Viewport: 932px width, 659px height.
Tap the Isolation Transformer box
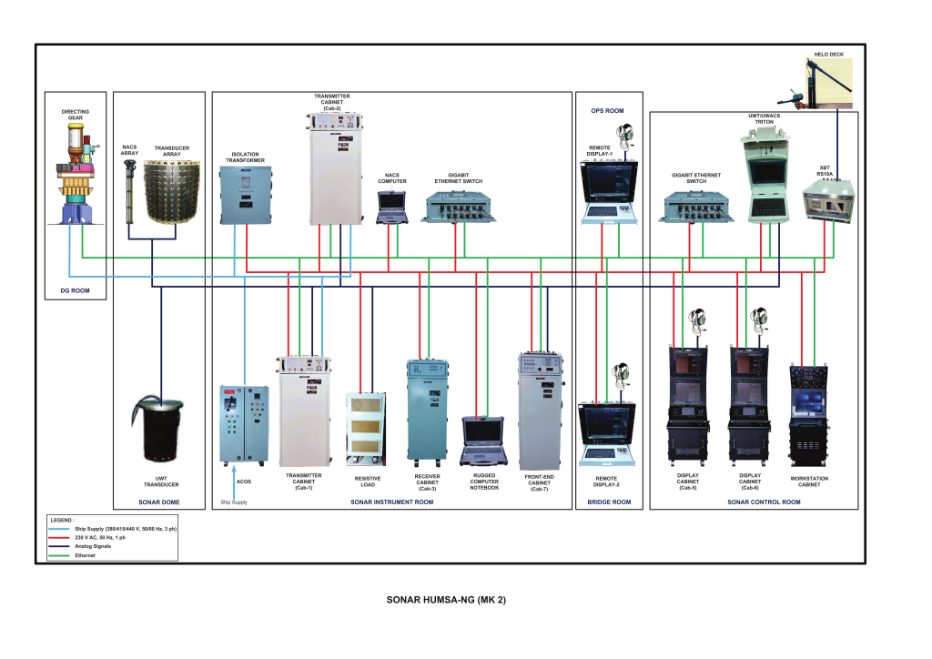pyautogui.click(x=246, y=194)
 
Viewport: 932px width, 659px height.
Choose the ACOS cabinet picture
pyautogui.click(x=243, y=424)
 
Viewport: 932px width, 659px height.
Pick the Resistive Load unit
pyautogui.click(x=368, y=428)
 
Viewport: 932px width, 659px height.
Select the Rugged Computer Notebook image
pyautogui.click(x=483, y=441)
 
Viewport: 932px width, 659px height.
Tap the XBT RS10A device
pyautogui.click(x=825, y=200)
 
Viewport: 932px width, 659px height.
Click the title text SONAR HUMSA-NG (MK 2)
pyautogui.click(x=446, y=601)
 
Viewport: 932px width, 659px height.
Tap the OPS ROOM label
pyautogui.click(x=607, y=111)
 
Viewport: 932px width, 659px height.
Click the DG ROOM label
pyautogui.click(x=76, y=292)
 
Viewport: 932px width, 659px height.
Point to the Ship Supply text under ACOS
pyautogui.click(x=233, y=502)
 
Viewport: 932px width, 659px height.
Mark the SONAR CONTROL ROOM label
pyautogui.click(x=764, y=502)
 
